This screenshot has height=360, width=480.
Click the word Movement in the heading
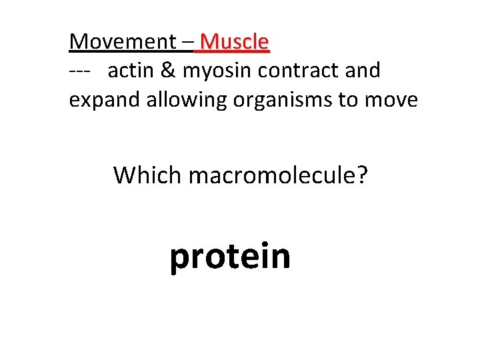point(122,42)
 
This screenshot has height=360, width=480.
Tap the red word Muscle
point(234,42)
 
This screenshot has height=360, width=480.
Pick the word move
point(393,100)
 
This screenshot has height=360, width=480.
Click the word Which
point(147,175)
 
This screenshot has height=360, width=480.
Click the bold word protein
point(230,257)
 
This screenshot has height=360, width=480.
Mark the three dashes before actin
point(81,71)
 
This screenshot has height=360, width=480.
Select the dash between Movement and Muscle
point(187,43)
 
